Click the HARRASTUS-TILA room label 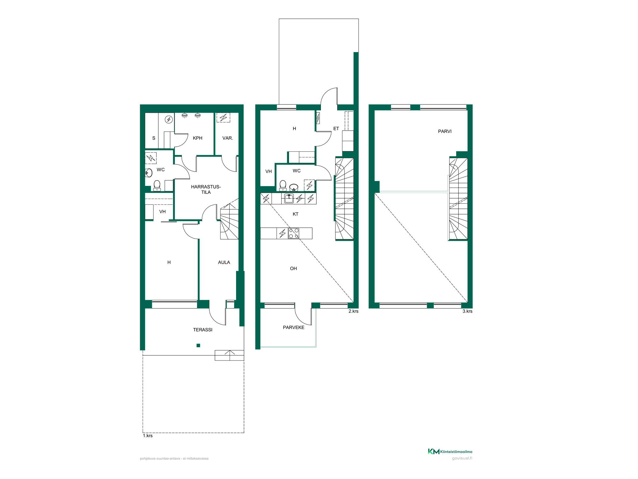[206, 189]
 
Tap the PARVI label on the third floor [445, 131]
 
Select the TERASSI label [203, 330]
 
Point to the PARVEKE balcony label [293, 327]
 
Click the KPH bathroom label [197, 138]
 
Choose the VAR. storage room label [227, 138]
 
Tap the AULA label [224, 262]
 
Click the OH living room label [293, 269]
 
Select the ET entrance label [336, 128]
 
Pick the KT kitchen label [295, 214]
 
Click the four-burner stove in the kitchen [294, 233]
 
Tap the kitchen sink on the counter [289, 199]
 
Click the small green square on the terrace [198, 345]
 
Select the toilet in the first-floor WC [157, 186]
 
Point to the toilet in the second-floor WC [283, 186]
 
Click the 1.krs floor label [148, 436]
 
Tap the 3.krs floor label [467, 311]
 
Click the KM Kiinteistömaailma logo [450, 451]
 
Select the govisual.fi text [462, 458]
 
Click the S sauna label [154, 138]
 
